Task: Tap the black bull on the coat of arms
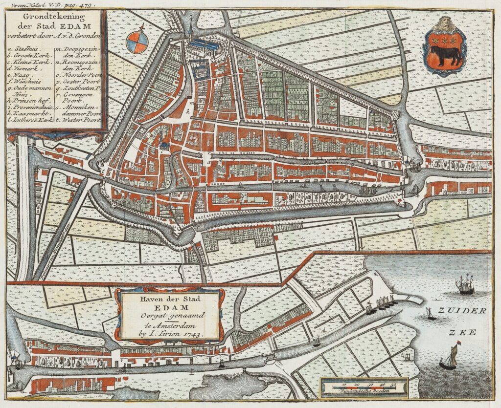pos(445,56)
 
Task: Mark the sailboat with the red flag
pos(449,357)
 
